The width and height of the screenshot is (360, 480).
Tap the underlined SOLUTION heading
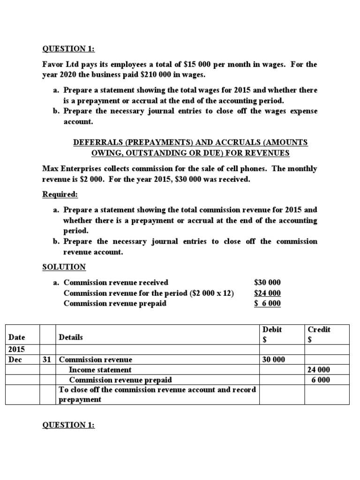pos(64,267)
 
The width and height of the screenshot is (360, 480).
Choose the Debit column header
pos(272,330)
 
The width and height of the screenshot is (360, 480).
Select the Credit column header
pos(319,330)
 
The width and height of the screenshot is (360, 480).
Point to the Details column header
pos(71,337)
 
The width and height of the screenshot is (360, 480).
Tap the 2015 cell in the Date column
pos(17,349)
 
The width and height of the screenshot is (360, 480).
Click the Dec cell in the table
pos(16,360)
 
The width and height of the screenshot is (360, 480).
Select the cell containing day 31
pos(48,360)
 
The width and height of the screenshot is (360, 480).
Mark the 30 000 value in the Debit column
pos(273,360)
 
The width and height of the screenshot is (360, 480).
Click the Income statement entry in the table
pos(100,369)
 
